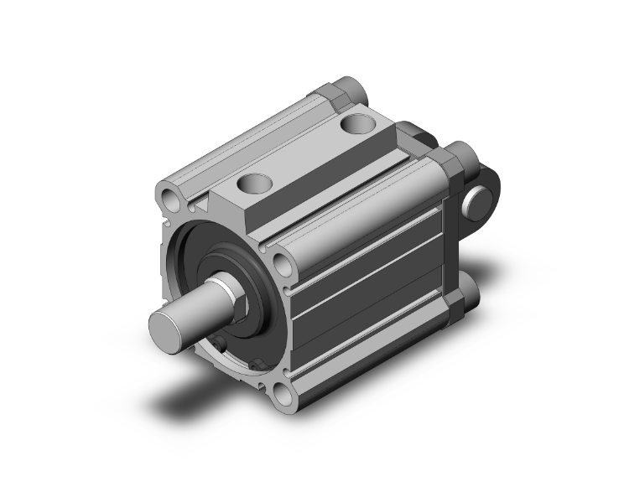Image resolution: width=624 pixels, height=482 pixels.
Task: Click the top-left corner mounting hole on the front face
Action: [172, 200]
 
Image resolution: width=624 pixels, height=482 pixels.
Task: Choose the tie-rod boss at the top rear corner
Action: [346, 91]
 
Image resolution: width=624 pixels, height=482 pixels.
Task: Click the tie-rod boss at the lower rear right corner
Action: [466, 298]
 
